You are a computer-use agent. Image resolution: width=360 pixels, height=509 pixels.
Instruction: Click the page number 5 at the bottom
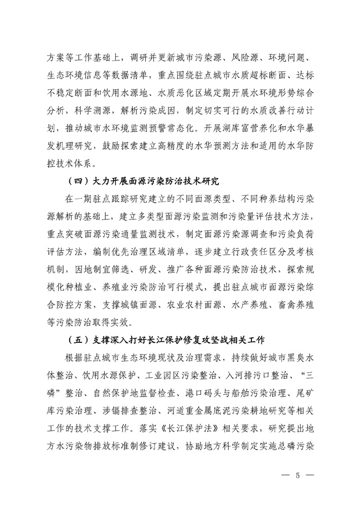point(297,476)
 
